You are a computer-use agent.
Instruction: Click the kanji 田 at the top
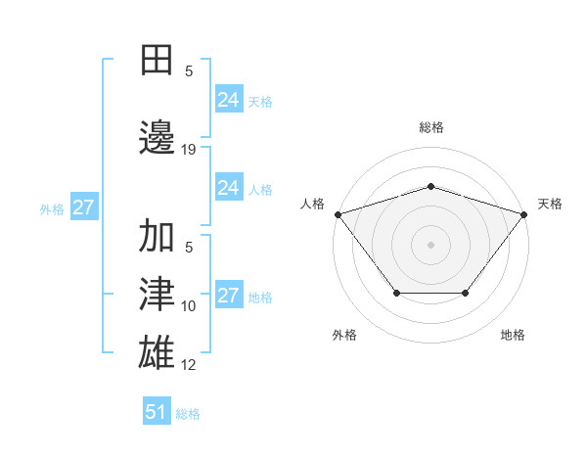point(158,61)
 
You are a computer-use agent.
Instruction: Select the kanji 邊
point(158,136)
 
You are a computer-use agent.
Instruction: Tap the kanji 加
point(158,238)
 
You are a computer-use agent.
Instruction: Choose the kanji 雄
point(158,351)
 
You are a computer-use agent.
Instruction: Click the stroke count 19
point(189,149)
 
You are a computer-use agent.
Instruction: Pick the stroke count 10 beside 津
point(189,306)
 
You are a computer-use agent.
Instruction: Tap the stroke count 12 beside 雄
point(189,365)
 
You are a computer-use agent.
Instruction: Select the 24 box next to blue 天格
point(228,100)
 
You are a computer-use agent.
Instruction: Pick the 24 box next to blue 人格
point(228,188)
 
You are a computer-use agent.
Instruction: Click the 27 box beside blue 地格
point(228,296)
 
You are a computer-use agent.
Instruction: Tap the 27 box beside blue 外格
point(83,207)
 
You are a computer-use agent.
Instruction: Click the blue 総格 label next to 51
point(188,414)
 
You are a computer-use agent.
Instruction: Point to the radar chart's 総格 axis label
point(430,127)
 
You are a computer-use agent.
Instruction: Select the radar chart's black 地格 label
point(513,335)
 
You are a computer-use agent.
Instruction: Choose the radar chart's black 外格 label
point(344,335)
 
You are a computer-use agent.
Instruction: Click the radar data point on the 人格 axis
point(338,214)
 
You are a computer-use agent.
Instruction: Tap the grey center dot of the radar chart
point(430,244)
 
